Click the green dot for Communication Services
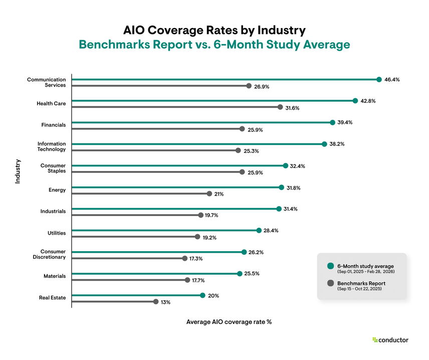[379, 79]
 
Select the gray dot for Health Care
[280, 107]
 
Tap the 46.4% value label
[392, 80]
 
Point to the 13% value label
[165, 302]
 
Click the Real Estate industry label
[52, 298]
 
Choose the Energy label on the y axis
[57, 190]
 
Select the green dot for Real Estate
[202, 295]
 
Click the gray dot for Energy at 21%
[209, 194]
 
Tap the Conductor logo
[390, 340]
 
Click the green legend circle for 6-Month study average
[330, 266]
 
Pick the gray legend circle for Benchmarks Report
[330, 284]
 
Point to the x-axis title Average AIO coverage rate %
[229, 322]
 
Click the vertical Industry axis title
[18, 171]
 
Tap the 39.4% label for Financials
[345, 122]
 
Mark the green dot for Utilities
[259, 230]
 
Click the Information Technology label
[52, 146]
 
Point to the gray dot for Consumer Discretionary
[184, 258]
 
